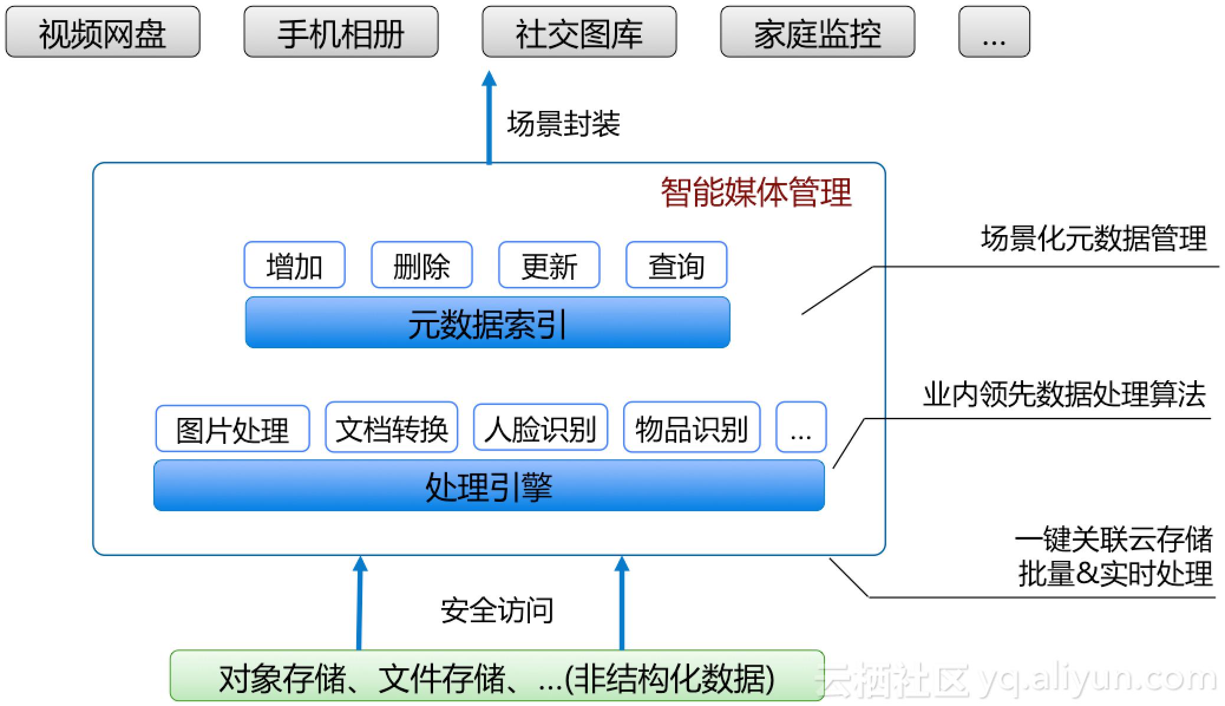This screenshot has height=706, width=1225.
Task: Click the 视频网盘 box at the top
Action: coord(103,32)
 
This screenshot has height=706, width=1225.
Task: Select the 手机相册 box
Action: coord(341,32)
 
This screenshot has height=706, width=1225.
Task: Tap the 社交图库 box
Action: coord(579,32)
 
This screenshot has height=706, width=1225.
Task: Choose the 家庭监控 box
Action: coord(817,32)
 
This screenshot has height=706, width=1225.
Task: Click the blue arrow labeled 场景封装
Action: coord(489,118)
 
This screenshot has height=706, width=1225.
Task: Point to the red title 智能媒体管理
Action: coord(756,192)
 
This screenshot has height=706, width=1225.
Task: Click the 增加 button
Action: coord(294,265)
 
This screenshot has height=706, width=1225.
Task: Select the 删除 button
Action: coord(421,265)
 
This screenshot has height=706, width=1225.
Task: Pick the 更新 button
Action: coord(549,265)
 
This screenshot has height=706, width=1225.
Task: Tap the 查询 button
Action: coord(676,265)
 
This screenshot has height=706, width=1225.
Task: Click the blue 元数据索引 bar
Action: coord(487,322)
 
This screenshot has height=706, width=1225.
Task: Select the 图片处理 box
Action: coord(232,429)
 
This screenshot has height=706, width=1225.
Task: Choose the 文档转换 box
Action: coord(391,428)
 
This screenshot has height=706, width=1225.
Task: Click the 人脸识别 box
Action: coord(541,428)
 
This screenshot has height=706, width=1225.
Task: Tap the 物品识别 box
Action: coord(692,428)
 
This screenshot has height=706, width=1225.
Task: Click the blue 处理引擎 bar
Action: coord(489,485)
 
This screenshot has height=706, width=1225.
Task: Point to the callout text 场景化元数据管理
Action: coord(1093,238)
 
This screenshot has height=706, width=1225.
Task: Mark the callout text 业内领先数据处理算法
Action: coord(1064,394)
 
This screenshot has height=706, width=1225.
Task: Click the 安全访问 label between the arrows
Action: coord(497,610)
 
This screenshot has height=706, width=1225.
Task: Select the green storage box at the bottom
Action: coord(497,676)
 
